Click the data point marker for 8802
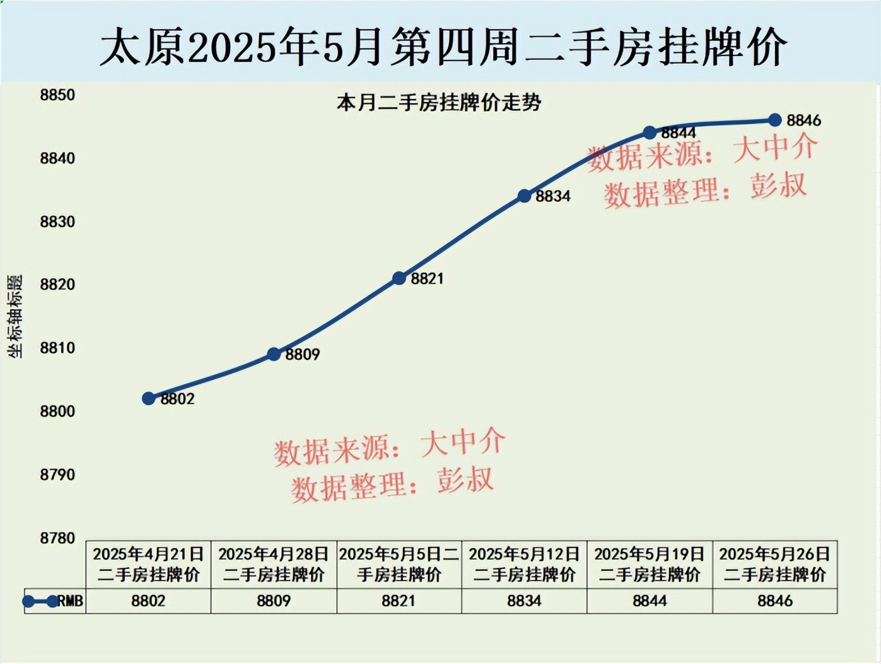pyautogui.click(x=149, y=398)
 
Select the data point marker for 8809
pyautogui.click(x=274, y=354)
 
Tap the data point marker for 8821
pyautogui.click(x=399, y=278)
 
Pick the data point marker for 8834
pyautogui.click(x=524, y=196)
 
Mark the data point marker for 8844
pyautogui.click(x=650, y=133)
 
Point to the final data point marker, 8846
pyautogui.click(x=775, y=120)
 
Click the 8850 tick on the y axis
pyautogui.click(x=57, y=95)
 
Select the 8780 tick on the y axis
pyautogui.click(x=57, y=538)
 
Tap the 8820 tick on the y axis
pyautogui.click(x=57, y=284)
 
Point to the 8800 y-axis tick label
pyautogui.click(x=57, y=411)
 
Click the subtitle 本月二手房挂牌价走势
pyautogui.click(x=439, y=103)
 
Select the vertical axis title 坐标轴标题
pyautogui.click(x=15, y=316)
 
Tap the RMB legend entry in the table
pyautogui.click(x=54, y=601)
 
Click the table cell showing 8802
pyautogui.click(x=149, y=601)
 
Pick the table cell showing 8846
pyautogui.click(x=775, y=601)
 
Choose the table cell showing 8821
pyautogui.click(x=399, y=601)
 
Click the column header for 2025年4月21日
pyautogui.click(x=149, y=564)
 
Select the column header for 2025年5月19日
pyautogui.click(x=650, y=564)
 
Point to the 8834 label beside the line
pyautogui.click(x=553, y=196)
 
